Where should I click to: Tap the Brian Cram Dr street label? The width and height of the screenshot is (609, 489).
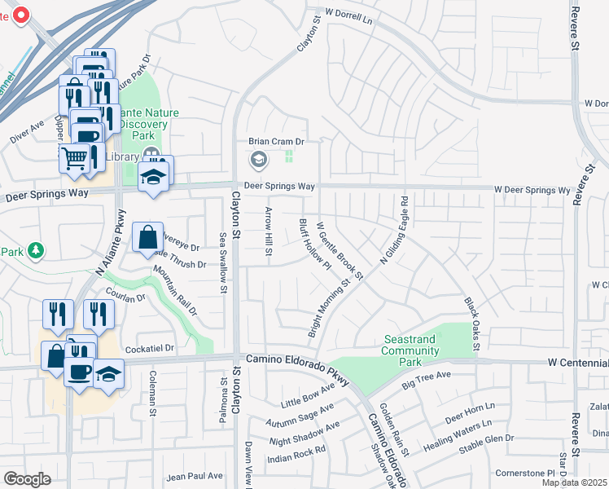point(276,141)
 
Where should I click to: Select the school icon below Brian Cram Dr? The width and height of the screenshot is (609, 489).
point(259,158)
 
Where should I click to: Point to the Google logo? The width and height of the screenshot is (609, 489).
point(26,479)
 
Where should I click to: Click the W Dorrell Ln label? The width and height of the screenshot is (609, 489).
point(353,14)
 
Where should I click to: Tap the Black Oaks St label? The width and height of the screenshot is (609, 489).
point(471,325)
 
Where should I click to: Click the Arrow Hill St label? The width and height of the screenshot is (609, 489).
point(268,230)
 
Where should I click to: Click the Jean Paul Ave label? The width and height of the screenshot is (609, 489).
point(194,476)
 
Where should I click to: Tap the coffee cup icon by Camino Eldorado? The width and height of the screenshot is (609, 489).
point(79,372)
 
